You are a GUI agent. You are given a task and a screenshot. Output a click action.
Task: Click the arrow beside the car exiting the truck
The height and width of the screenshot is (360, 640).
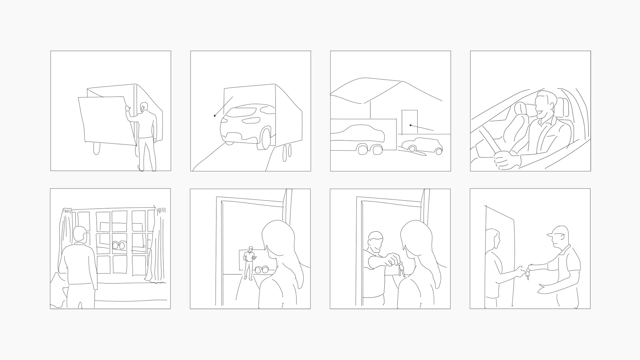tap(223, 107)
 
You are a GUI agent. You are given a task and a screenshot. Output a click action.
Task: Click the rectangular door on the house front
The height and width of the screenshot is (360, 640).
tap(410, 122)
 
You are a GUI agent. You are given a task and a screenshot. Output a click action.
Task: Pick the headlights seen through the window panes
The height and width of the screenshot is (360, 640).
tap(120, 246)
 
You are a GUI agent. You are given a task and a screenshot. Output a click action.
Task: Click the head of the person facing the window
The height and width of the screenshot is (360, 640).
tap(80, 235)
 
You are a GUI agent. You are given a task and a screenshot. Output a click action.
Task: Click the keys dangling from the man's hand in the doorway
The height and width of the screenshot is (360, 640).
tap(401, 268)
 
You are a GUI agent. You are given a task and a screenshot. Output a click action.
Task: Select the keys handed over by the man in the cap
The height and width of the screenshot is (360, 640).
tap(528, 274)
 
